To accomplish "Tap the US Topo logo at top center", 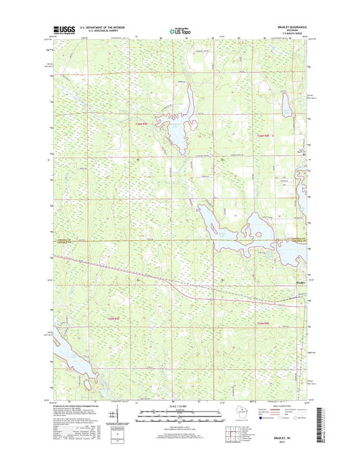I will (x=178, y=29).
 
